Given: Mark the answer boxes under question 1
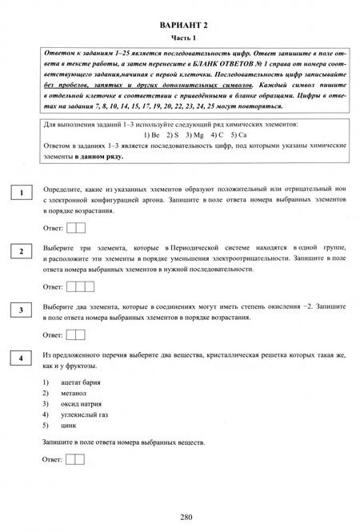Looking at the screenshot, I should pos(76,229).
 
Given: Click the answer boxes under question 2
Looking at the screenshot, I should pos(79,286).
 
